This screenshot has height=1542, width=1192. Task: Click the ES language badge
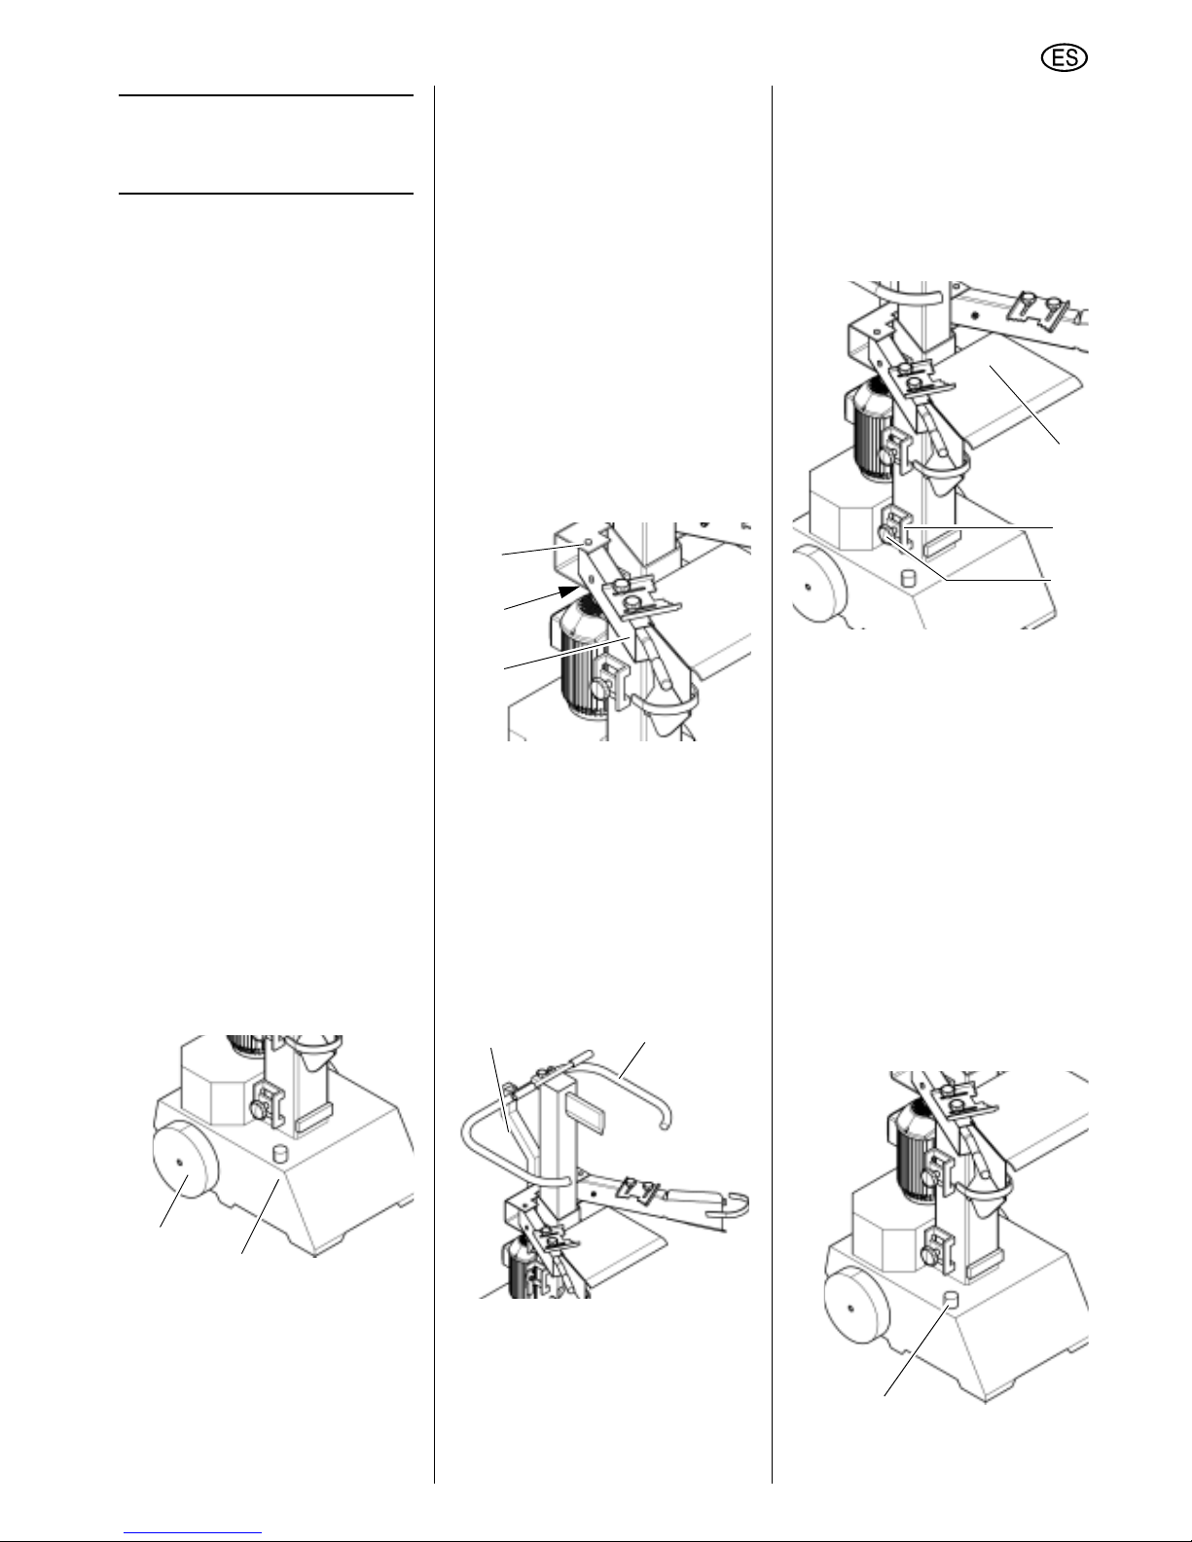[x=1065, y=58]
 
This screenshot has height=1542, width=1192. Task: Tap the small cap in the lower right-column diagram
[x=951, y=1300]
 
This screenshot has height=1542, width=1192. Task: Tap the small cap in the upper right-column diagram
[x=909, y=579]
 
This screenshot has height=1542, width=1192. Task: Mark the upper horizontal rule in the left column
[x=266, y=95]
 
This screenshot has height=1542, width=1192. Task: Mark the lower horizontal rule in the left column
[x=266, y=193]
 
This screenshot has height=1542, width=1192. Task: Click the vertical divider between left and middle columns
[x=434, y=784]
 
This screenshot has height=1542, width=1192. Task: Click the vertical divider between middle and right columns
[x=772, y=784]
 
